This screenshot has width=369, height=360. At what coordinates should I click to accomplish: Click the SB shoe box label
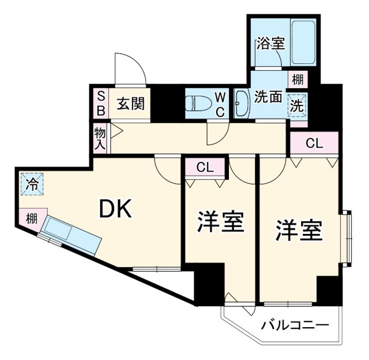pyautogui.click(x=100, y=103)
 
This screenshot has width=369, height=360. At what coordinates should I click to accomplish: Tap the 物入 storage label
pyautogui.click(x=100, y=138)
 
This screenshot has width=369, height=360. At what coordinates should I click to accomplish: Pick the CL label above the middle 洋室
pyautogui.click(x=205, y=168)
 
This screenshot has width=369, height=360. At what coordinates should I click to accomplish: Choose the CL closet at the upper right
pyautogui.click(x=314, y=143)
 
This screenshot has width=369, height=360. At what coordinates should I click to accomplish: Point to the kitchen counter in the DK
pyautogui.click(x=72, y=234)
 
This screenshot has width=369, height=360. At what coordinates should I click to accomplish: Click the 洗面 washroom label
pyautogui.click(x=268, y=97)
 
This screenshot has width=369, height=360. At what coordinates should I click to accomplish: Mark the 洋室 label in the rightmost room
pyautogui.click(x=298, y=230)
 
